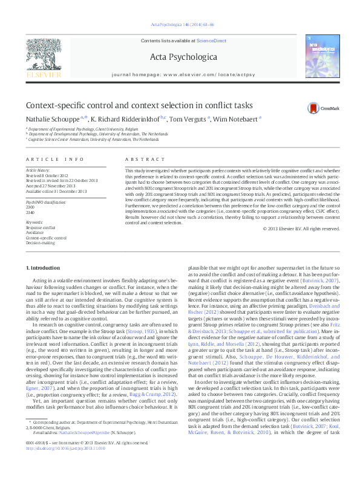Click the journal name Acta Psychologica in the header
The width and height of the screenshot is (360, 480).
[x=179, y=56]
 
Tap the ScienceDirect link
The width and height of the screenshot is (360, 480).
[x=211, y=40]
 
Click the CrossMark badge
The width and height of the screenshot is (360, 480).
[x=315, y=108]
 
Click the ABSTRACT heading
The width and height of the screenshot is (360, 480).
[x=140, y=159]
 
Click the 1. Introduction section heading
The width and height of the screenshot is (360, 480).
[x=45, y=267]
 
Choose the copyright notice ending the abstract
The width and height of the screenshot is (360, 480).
[x=301, y=229]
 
